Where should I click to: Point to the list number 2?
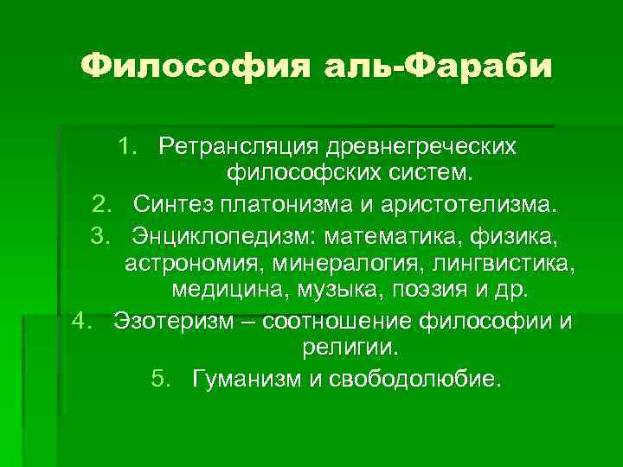coord(101,206)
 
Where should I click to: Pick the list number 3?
coord(101,234)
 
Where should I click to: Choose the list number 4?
coord(81,322)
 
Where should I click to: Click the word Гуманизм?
coord(241,379)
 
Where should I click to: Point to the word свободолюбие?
coord(414,379)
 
